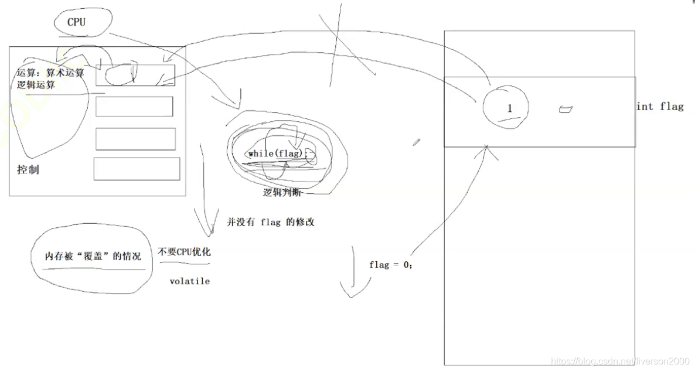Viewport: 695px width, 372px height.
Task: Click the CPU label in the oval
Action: pos(76,23)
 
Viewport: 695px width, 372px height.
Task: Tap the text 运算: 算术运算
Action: pos(51,73)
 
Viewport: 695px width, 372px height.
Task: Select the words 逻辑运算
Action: pos(36,85)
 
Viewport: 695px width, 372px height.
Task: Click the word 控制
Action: pos(29,170)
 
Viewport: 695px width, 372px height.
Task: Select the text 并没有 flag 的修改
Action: pos(271,222)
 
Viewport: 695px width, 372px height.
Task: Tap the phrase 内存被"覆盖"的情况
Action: pos(93,256)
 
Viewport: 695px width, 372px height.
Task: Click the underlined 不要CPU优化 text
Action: pos(184,252)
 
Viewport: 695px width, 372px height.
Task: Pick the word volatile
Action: pos(189,281)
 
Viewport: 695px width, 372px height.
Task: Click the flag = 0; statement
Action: pos(391,265)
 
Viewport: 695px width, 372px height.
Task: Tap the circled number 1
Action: pos(509,108)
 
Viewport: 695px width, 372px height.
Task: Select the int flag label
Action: pos(660,107)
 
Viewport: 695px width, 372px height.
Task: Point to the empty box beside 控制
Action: pos(137,169)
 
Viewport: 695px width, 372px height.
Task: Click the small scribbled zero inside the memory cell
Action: pos(565,109)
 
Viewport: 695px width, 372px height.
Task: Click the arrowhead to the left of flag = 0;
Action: pos(349,291)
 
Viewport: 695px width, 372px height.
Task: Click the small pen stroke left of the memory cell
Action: pos(417,142)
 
